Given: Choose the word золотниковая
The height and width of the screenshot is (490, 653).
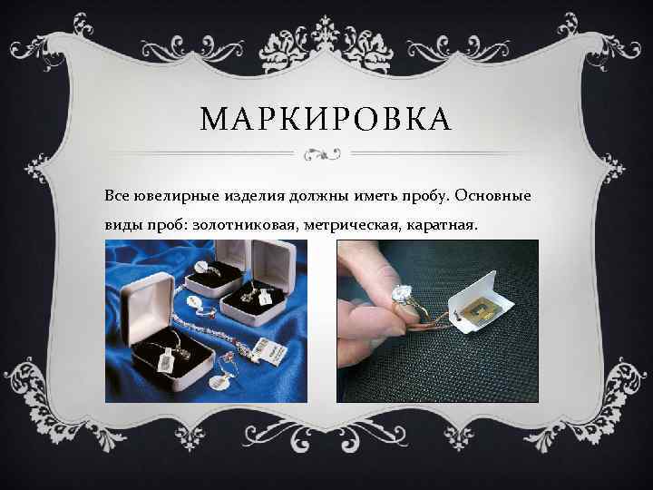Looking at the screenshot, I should (x=235, y=223).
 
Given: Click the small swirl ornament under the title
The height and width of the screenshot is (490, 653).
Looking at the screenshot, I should (x=326, y=152).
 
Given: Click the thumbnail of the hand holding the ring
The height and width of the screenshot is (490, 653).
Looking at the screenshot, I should (x=437, y=319).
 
